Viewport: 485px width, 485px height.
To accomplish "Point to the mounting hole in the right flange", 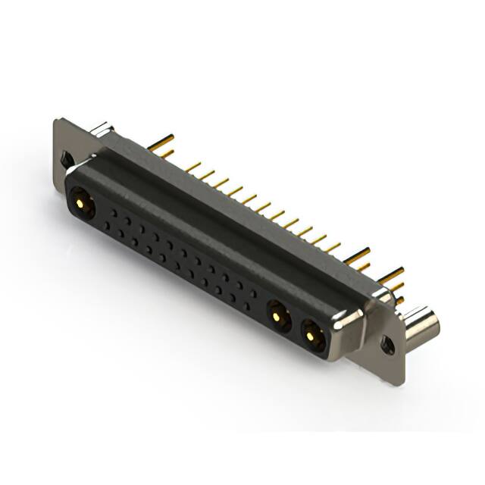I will (388, 345).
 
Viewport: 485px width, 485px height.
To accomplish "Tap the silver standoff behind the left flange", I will (104, 130).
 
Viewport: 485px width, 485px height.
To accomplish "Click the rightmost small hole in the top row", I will (251, 288).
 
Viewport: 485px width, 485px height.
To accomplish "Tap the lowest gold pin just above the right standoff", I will (393, 298).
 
